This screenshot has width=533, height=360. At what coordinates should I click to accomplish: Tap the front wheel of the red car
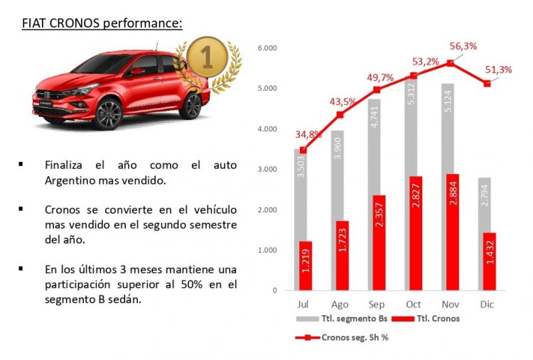pos(108,114)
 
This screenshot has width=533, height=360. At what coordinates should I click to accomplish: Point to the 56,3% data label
pos(463,47)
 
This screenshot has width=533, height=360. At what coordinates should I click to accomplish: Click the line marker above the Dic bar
pos(486,83)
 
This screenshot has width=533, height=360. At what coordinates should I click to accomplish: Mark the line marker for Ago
pos(340,114)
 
